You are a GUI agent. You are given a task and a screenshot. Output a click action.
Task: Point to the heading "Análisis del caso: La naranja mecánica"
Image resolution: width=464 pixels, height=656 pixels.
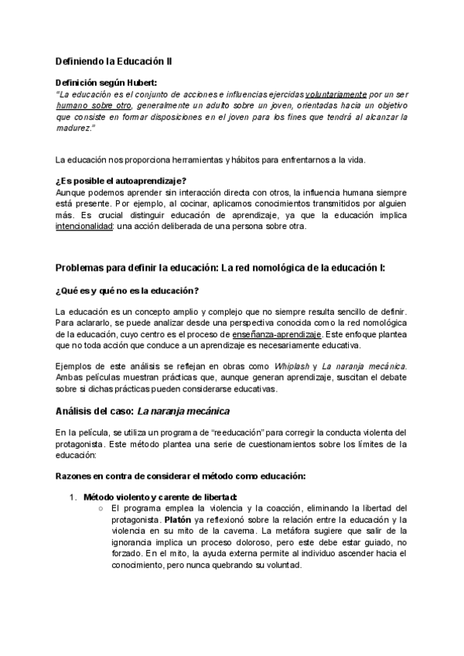[143, 411]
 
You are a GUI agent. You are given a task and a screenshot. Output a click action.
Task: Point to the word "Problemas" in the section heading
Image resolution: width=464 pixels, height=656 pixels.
[81, 268]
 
